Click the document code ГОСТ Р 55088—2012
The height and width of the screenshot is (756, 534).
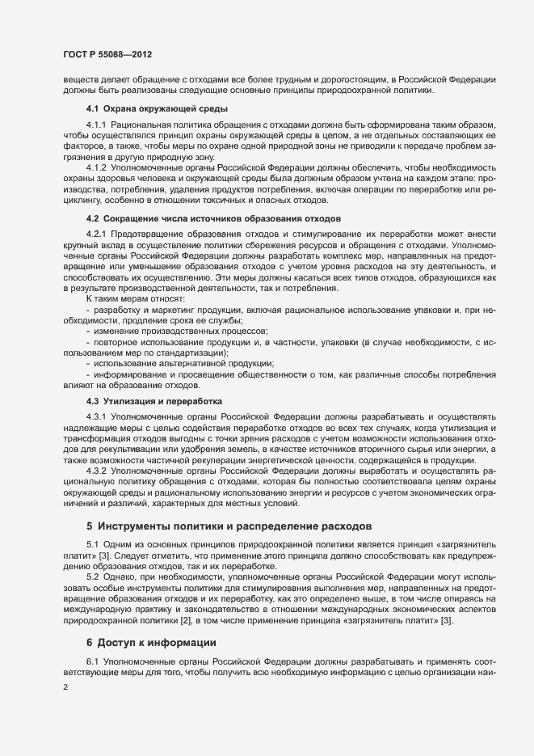107,54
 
